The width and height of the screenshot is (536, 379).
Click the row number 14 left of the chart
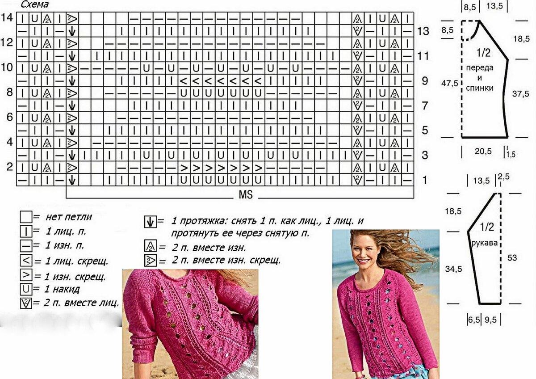[7, 17]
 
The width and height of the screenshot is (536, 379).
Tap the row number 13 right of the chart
[423, 31]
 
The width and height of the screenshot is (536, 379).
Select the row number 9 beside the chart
[425, 81]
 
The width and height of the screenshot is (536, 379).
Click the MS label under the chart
[246, 195]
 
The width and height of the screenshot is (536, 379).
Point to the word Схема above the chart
[35, 4]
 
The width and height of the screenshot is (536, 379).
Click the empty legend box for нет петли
[26, 217]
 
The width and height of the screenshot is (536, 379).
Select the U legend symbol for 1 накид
[26, 289]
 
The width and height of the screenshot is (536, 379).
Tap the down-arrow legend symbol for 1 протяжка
[150, 222]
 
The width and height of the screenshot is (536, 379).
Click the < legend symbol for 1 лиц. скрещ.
[26, 260]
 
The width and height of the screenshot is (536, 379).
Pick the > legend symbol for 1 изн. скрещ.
[26, 275]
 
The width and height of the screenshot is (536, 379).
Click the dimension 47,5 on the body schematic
[449, 83]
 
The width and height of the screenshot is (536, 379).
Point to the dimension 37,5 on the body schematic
[521, 93]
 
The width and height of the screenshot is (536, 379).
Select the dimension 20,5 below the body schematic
[483, 151]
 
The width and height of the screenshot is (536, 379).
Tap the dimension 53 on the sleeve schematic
[512, 258]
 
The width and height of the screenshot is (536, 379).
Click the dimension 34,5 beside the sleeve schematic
[453, 269]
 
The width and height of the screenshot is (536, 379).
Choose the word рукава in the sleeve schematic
[485, 243]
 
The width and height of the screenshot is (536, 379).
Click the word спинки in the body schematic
[480, 88]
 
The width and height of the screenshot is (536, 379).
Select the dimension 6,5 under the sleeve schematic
[474, 320]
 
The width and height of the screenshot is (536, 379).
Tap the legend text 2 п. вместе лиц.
[81, 303]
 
